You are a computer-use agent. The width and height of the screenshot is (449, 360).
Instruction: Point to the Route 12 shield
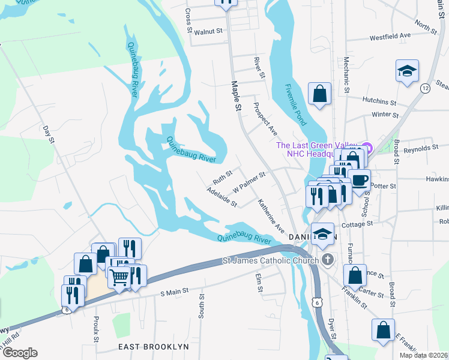425,88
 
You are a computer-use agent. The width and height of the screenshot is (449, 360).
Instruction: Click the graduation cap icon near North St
407,71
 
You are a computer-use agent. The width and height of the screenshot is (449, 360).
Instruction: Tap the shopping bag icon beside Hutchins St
319,94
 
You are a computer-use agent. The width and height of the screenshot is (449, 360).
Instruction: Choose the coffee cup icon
359,179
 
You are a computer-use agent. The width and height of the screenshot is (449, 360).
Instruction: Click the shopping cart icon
119,277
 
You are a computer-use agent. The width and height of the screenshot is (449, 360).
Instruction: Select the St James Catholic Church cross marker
327,260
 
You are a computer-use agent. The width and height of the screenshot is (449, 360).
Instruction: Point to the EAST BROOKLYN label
153,347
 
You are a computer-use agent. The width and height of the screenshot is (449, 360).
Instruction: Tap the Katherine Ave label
271,216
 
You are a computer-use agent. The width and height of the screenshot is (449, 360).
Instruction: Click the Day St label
49,135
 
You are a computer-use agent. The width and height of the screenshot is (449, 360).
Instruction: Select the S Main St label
175,292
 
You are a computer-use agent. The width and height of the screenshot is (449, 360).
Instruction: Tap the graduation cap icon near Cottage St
322,234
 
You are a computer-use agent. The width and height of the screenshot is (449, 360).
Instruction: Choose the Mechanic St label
346,76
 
